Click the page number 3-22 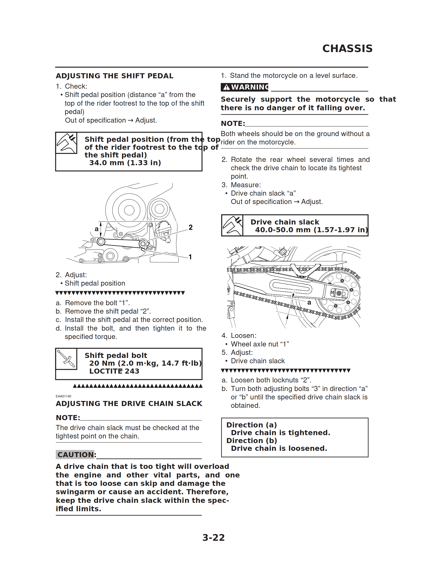click(213, 537)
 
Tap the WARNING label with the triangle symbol click(244, 87)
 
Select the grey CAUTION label click(75, 455)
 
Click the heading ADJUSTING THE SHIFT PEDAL click(115, 76)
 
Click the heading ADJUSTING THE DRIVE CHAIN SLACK click(129, 404)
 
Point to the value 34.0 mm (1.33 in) click(125, 163)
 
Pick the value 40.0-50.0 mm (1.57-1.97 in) click(311, 230)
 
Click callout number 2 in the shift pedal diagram click(190, 227)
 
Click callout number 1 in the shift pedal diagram click(190, 257)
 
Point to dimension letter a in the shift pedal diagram click(96, 229)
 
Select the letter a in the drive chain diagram click(309, 303)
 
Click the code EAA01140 click(63, 396)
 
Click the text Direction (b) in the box click(251, 441)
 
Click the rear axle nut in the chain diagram click(339, 293)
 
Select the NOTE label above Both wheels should click(233, 124)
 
